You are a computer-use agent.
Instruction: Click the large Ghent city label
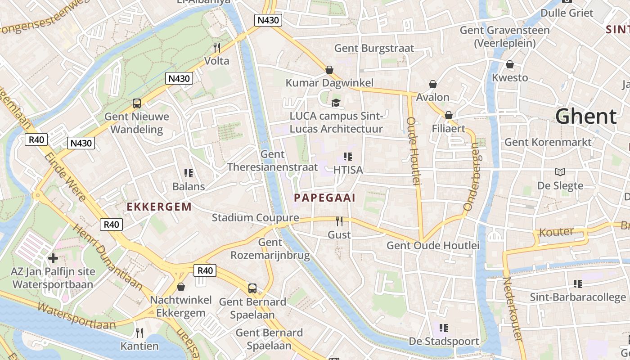coord(585,117)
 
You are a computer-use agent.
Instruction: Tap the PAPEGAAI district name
coord(324,198)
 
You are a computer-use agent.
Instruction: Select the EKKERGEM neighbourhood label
coord(159,207)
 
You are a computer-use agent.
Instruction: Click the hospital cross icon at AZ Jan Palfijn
coord(53,258)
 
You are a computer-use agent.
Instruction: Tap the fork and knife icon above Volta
coord(217,47)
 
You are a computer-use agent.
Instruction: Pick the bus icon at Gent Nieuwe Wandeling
coord(137,103)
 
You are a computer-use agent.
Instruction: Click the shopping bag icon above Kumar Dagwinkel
coord(329,70)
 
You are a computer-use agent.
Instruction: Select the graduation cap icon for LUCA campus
coord(336,103)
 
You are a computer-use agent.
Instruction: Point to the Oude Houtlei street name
coord(413,151)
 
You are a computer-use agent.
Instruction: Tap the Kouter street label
coord(556,232)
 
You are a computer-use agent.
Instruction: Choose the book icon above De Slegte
coord(560,172)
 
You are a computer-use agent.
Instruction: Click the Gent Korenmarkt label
coord(548,142)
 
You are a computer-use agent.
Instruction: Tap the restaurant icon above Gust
coord(339,221)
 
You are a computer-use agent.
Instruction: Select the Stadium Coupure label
coord(255,218)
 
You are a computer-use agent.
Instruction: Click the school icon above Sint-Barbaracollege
coord(578,283)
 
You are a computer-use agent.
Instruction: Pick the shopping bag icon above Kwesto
coord(510,64)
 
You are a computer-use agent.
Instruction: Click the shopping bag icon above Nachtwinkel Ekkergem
coord(181,287)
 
